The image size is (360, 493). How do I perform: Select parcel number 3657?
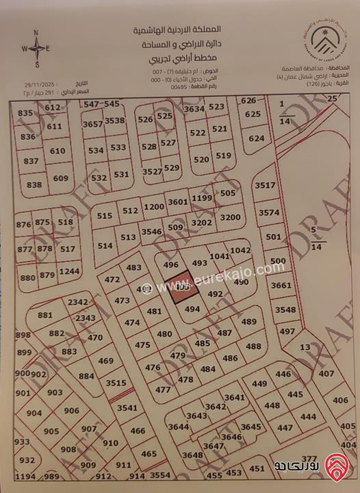coord(93,124)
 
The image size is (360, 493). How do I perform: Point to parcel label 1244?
coord(68,272)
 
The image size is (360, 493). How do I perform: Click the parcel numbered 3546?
coord(151,232)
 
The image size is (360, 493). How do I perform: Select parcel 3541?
coord(128,408)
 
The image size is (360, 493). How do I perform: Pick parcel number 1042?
coord(240,251)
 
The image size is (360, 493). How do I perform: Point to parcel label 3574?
coord(269,213)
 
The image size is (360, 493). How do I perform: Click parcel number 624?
coord(256,138)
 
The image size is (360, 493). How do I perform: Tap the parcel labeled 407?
coord(327,374)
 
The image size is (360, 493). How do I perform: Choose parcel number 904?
coord(34,413)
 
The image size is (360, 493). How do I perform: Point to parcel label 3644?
coord(179,427)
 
